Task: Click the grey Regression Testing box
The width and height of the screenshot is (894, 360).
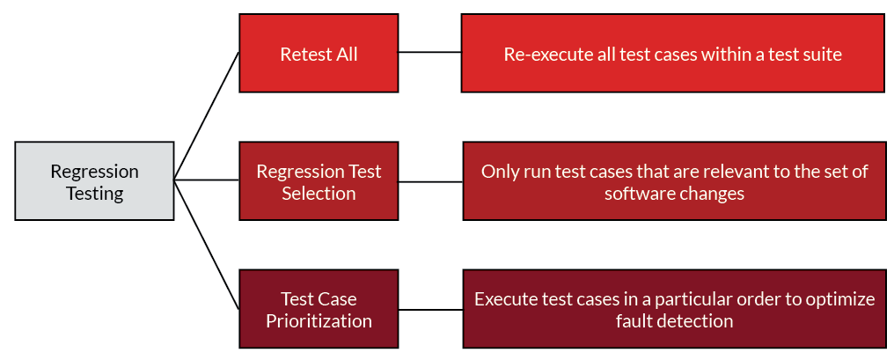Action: click(94, 180)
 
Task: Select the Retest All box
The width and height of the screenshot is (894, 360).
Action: click(319, 53)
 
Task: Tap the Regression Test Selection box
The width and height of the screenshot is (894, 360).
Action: click(319, 180)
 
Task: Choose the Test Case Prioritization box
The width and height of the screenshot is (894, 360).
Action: click(319, 309)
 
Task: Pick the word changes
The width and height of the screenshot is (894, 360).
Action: click(711, 194)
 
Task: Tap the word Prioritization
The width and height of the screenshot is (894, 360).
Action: click(319, 320)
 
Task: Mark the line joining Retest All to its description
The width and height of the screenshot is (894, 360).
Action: click(430, 52)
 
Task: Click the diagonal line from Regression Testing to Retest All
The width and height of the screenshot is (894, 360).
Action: click(207, 116)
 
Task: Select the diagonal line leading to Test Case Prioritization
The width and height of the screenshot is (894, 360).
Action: click(207, 245)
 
